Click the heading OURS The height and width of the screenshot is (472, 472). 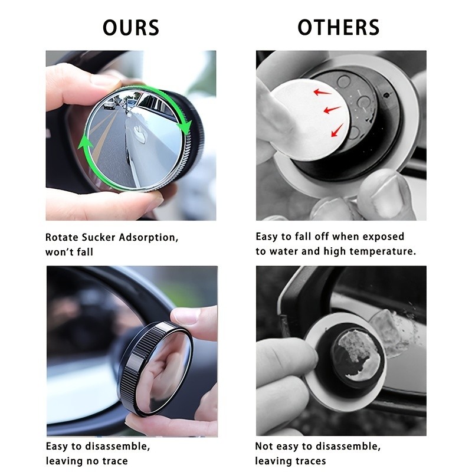130,28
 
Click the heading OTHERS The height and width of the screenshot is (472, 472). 338,28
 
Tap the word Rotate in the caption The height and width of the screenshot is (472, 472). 62,237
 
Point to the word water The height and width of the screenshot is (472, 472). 284,251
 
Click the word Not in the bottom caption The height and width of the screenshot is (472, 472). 264,447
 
